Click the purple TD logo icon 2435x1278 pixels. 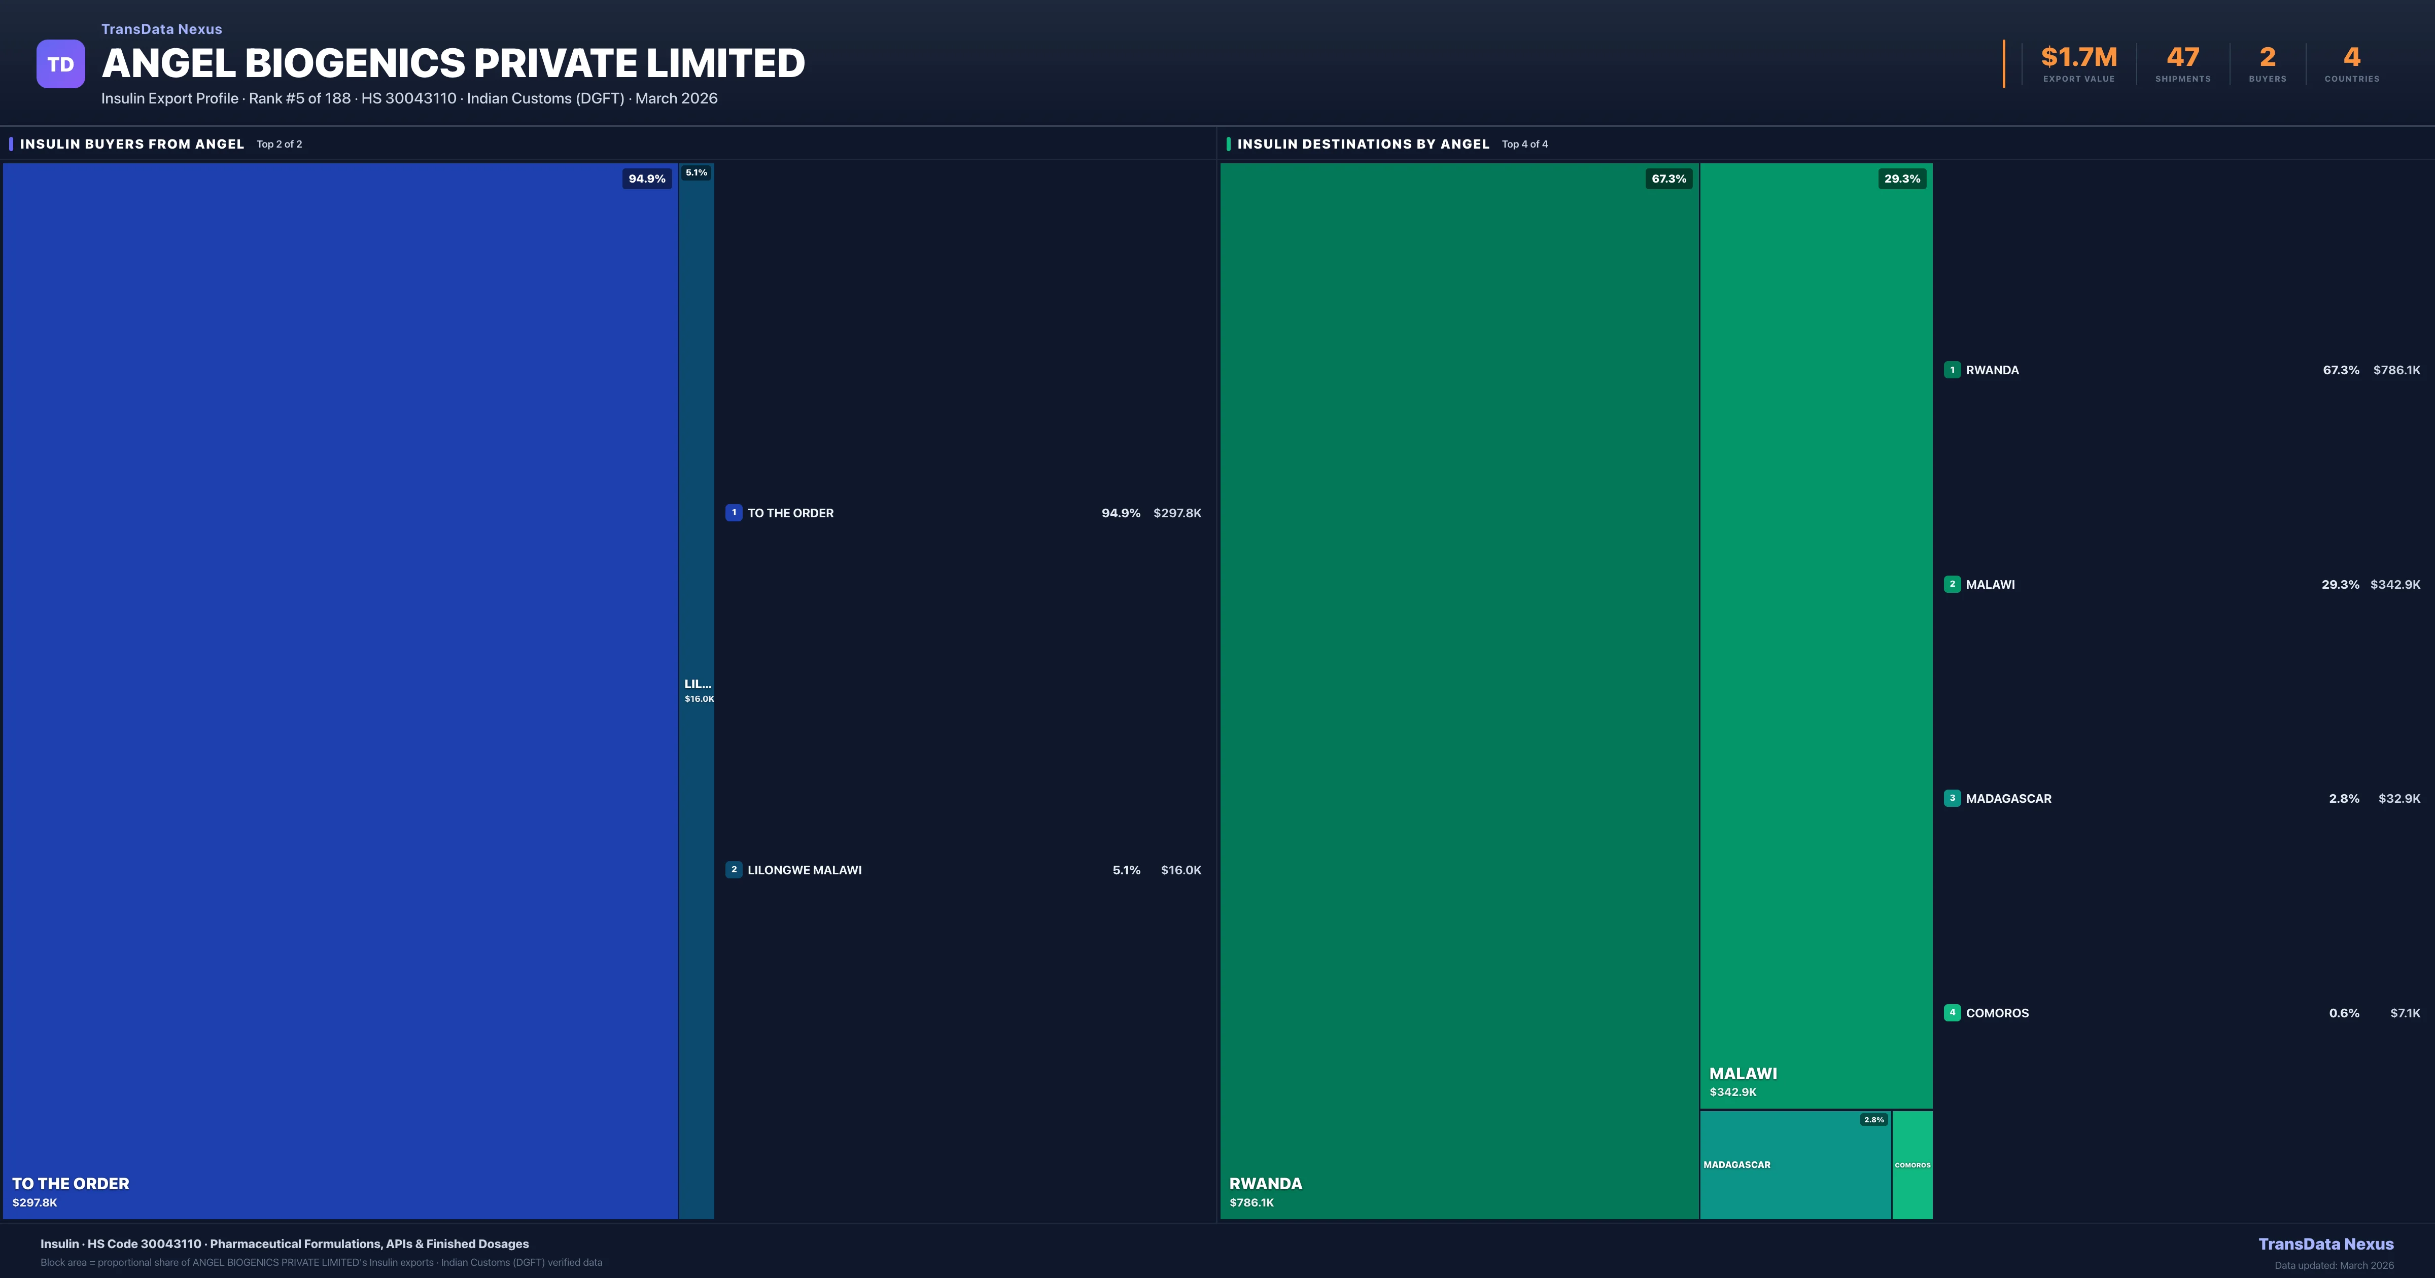coord(60,64)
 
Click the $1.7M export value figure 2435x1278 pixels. coord(2079,58)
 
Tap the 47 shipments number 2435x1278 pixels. coord(2182,58)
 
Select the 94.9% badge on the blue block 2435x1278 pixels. coord(647,179)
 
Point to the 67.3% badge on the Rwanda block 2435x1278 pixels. coord(1668,179)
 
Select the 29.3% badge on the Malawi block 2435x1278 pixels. coord(1902,179)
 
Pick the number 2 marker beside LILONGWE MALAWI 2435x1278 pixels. coord(734,870)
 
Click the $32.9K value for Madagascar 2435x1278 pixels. coord(2399,799)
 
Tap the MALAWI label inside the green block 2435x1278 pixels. coord(1743,1074)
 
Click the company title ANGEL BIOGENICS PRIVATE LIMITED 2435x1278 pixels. coord(453,63)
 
